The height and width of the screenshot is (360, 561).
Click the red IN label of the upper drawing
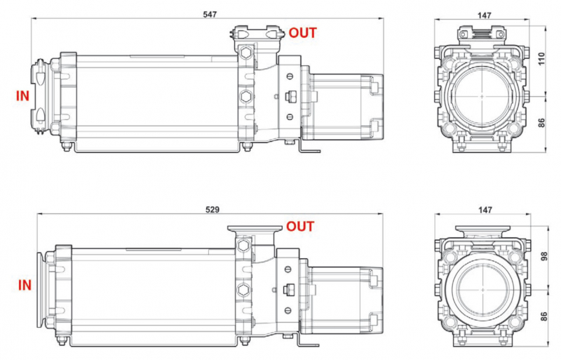point(22,95)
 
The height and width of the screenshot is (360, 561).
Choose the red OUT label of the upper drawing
point(302,32)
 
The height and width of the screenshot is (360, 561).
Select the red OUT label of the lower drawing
point(300,227)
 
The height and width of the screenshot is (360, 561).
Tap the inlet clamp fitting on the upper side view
point(41,96)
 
